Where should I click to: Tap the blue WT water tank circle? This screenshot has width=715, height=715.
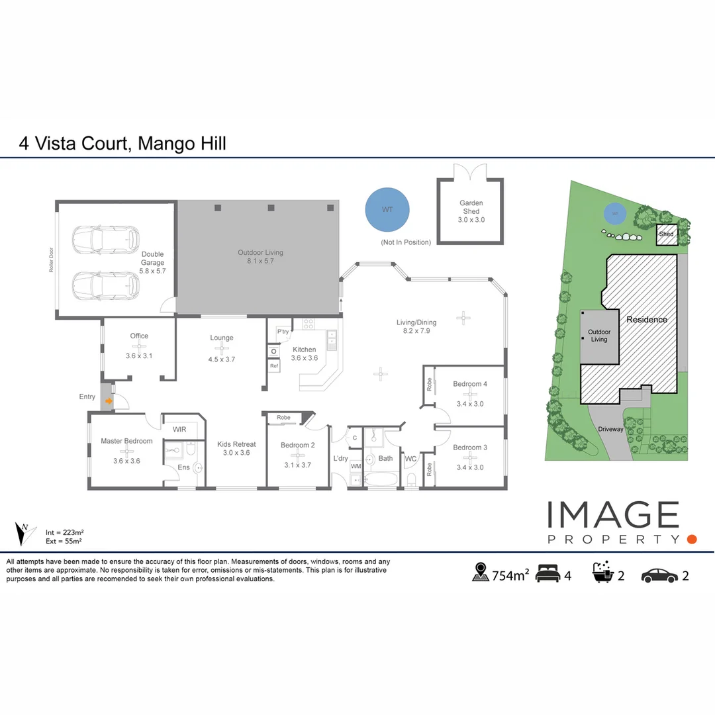pos(387,209)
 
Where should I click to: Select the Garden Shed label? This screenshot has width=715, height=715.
pos(471,207)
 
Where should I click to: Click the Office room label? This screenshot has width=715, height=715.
pos(139,336)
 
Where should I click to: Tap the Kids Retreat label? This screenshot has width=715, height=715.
pos(236,444)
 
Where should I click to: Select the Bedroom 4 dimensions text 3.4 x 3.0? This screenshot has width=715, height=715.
pos(470,403)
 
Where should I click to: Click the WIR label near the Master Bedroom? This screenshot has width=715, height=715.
pos(179,430)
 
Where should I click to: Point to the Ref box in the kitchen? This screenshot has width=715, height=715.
pos(273,365)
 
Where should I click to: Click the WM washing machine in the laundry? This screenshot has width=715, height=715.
pos(356,467)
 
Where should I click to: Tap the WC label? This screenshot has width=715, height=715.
pos(410,459)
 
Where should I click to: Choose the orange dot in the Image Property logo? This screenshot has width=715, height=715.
pos(692,539)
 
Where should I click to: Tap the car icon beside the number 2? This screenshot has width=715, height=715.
pos(659,575)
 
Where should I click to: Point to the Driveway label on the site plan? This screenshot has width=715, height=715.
pos(610,429)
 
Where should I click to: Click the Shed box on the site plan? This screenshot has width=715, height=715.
pos(667,234)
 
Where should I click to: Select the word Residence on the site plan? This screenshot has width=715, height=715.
pos(647,320)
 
